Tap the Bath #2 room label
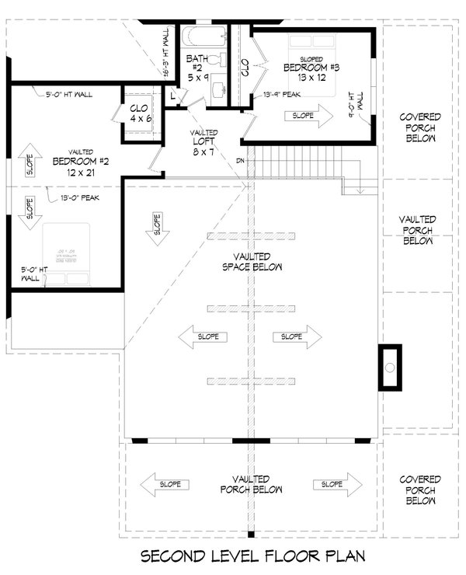(196, 68)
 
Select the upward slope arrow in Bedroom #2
(30, 160)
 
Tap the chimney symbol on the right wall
(391, 367)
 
